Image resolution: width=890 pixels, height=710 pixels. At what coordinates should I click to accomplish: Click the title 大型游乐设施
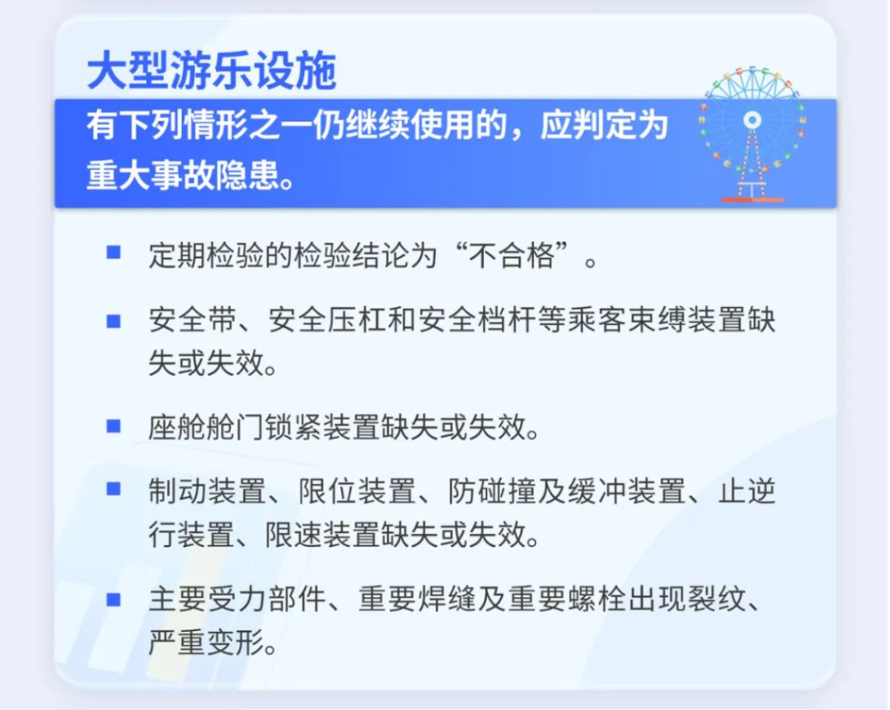212,71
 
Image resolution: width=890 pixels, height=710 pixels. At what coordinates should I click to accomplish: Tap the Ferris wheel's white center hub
752,119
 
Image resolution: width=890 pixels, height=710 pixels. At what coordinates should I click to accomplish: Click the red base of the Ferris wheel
752,200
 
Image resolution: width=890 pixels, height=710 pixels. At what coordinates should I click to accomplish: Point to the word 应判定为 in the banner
604,125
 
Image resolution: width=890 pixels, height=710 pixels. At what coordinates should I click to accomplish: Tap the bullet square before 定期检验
114,252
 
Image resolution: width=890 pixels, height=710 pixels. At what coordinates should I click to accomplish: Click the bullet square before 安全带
114,322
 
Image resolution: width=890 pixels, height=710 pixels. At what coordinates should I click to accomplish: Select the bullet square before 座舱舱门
114,426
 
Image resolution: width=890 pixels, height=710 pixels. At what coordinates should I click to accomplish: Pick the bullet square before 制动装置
114,488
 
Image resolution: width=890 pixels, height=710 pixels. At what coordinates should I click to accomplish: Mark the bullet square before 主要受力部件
114,600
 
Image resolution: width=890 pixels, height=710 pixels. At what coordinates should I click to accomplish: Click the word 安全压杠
327,320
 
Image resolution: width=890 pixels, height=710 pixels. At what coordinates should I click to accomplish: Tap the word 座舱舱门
207,427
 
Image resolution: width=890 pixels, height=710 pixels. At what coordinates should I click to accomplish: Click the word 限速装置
324,534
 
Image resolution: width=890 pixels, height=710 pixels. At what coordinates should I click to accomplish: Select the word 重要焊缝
417,600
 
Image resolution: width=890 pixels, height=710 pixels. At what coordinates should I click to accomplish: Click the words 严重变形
207,643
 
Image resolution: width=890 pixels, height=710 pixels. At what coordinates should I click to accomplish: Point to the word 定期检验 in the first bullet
207,256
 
